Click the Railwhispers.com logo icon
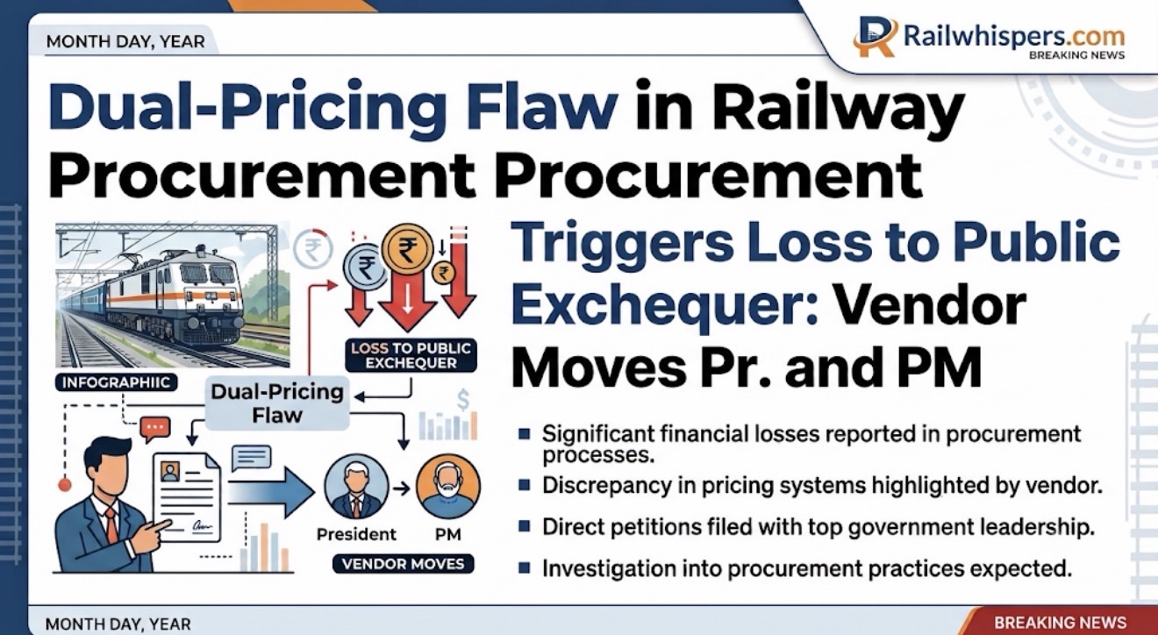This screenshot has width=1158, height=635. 875,36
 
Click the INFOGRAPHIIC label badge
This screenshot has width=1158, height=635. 116,382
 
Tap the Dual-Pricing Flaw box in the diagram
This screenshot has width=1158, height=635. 277,403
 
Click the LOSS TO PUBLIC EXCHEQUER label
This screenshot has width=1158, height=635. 411,355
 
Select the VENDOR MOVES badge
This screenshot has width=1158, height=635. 403,564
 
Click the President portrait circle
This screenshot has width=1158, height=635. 356,487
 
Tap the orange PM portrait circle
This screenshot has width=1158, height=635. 447,487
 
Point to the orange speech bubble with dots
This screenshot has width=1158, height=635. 155,428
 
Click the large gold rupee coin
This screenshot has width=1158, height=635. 407,249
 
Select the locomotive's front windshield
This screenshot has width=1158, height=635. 207,274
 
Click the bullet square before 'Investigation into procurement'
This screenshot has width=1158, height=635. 525,567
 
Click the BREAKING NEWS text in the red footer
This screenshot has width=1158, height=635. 1060,622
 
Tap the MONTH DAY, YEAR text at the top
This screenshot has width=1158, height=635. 125,41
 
